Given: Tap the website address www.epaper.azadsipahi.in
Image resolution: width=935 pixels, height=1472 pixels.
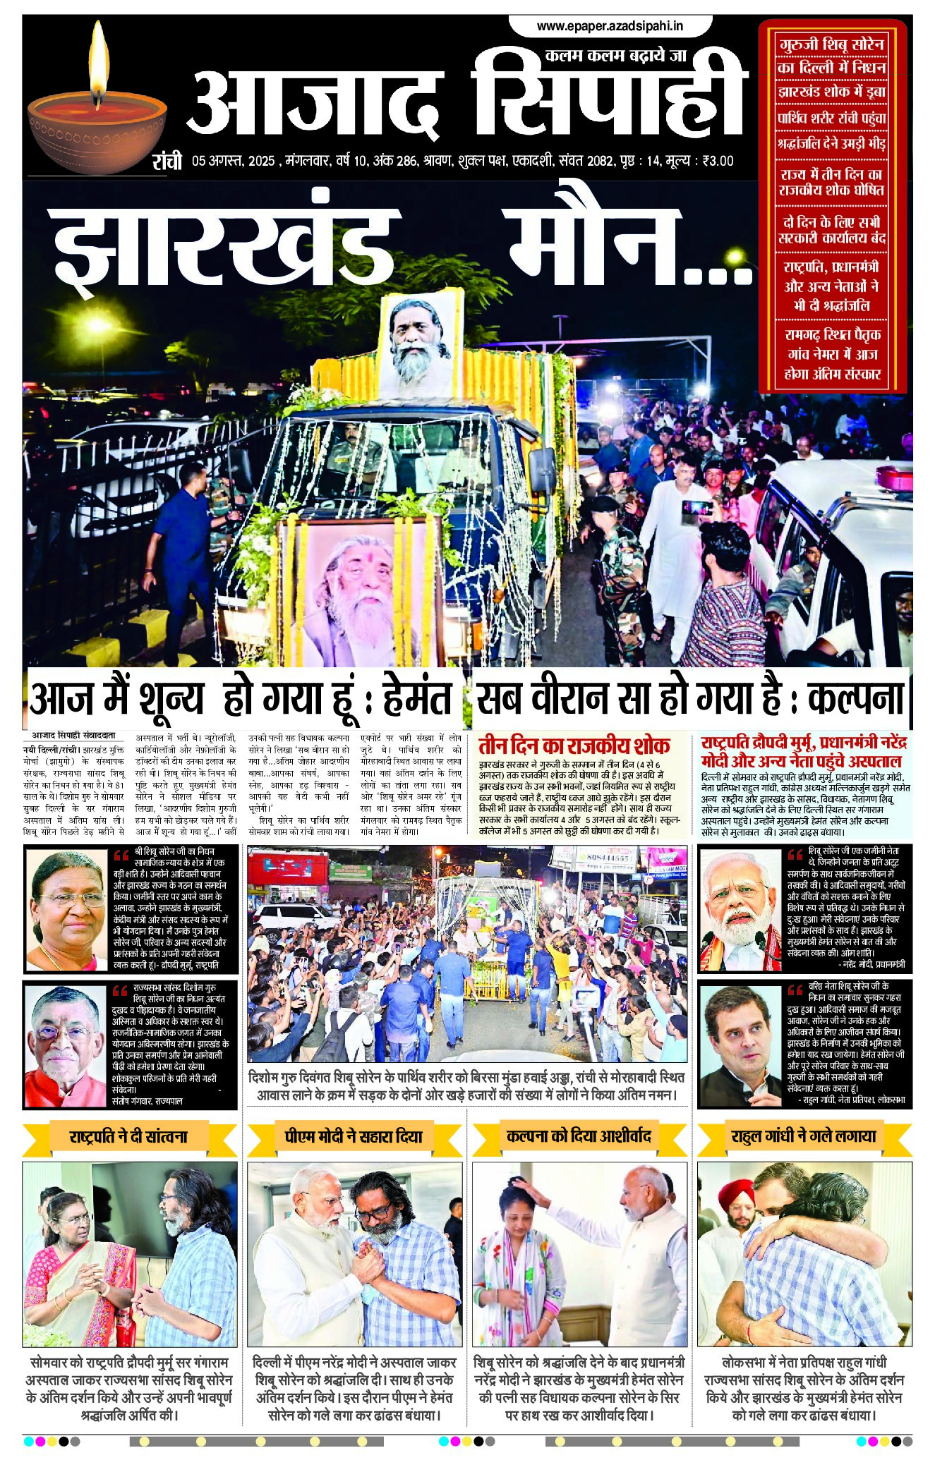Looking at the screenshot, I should point(610,26).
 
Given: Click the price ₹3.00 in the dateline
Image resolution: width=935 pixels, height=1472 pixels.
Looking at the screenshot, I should point(717,161).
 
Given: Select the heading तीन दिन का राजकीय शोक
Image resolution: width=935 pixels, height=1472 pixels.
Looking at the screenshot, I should point(574,746).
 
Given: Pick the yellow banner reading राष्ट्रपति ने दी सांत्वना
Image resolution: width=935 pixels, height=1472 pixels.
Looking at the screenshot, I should point(128,1136).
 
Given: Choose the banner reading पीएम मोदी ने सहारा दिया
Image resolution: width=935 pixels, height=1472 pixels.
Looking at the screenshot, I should point(354,1136).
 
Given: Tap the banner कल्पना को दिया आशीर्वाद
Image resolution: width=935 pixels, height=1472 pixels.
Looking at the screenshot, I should point(578,1136).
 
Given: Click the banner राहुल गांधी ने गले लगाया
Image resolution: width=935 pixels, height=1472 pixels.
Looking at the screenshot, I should point(804,1136).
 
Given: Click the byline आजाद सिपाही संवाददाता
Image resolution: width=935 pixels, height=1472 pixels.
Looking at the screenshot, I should point(73,734).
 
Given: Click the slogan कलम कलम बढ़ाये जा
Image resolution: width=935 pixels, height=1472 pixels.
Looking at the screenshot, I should point(615,56).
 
